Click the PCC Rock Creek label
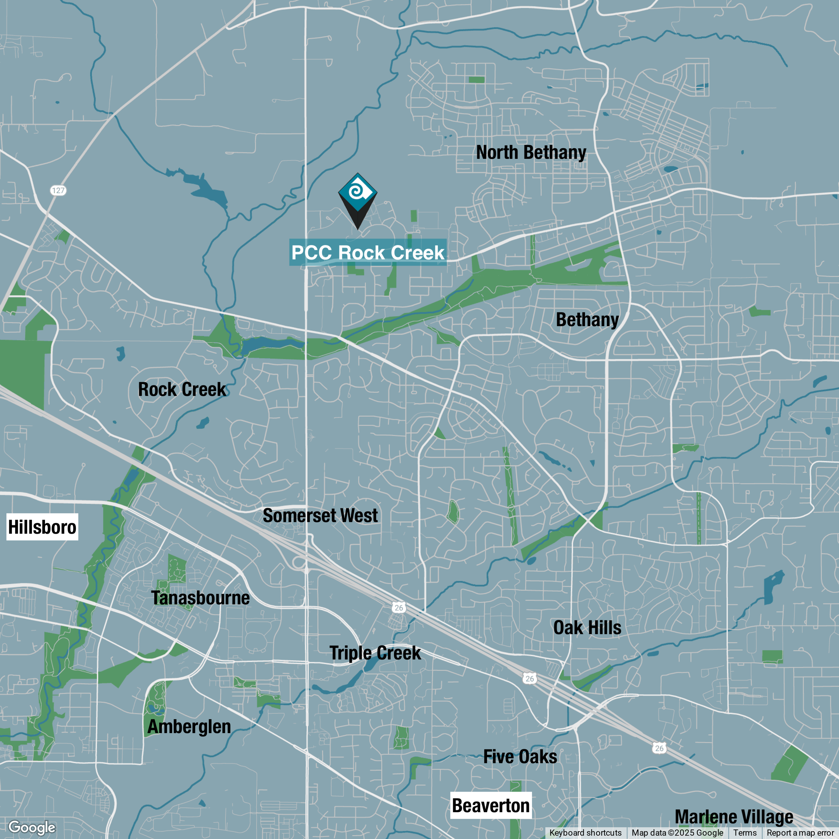click(367, 252)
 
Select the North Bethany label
click(531, 152)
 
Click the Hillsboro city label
click(42, 527)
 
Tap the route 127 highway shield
click(58, 190)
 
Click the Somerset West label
click(320, 515)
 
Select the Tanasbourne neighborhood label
click(200, 598)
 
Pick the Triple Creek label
click(375, 653)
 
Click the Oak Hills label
click(587, 628)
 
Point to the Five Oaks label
click(520, 756)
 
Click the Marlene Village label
click(734, 816)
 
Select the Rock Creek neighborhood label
click(182, 389)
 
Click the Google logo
click(32, 827)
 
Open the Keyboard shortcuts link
click(585, 833)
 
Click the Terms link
click(745, 833)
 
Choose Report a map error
click(800, 833)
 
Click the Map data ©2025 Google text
click(677, 833)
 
